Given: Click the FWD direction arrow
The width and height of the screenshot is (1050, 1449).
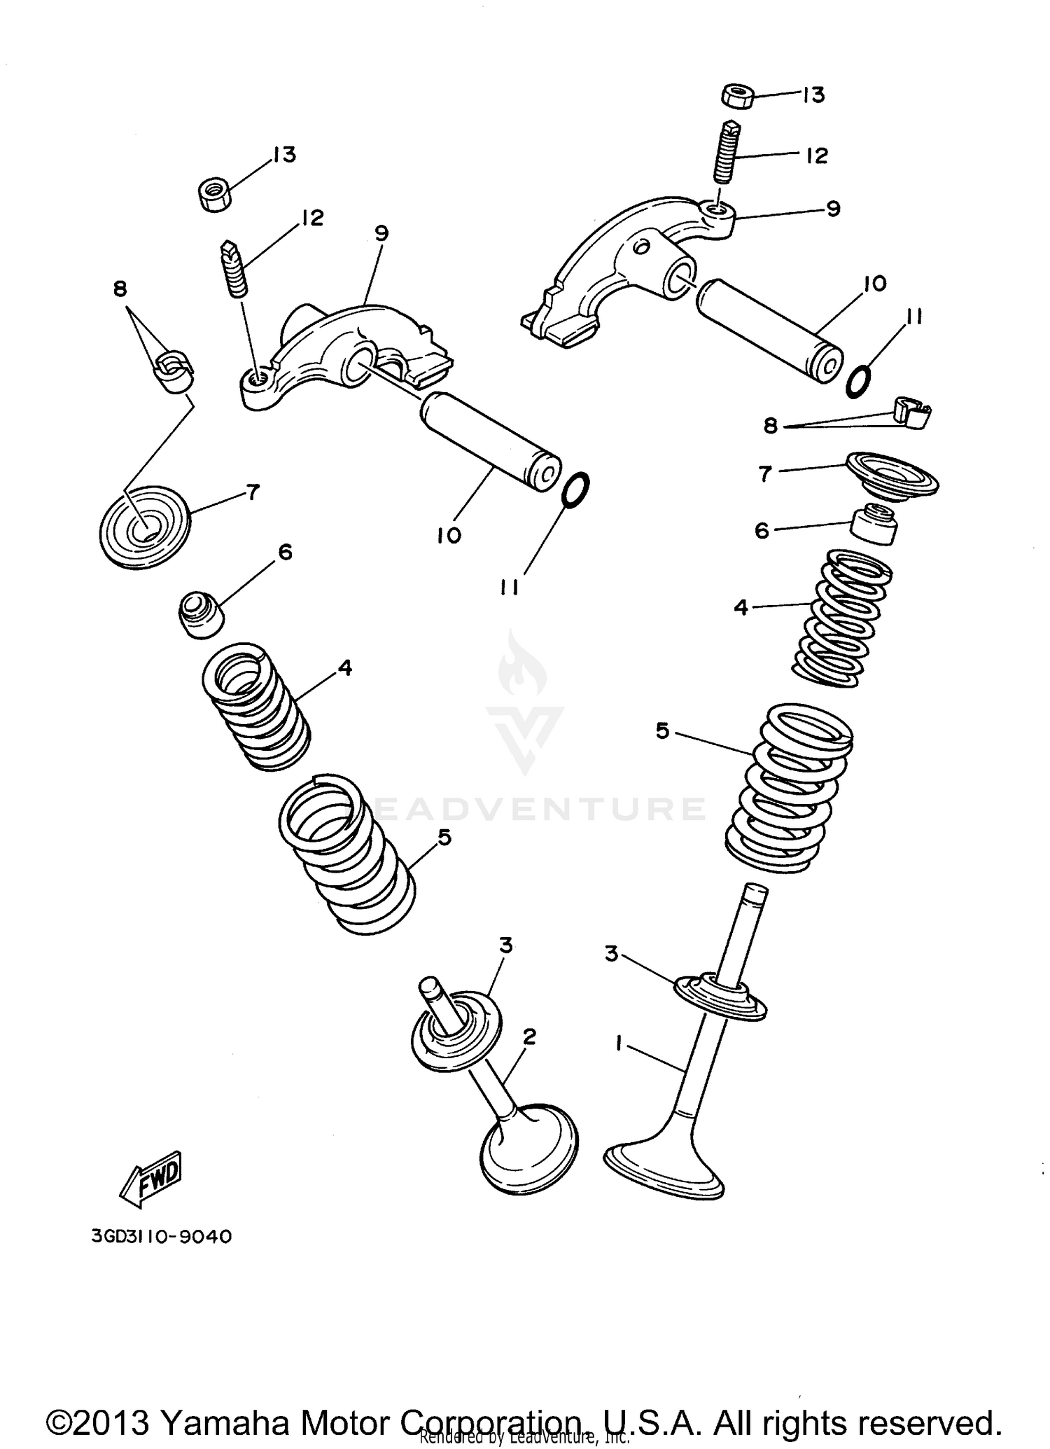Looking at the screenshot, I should (x=151, y=1178).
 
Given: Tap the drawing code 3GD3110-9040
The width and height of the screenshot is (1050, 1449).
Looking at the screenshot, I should (x=161, y=1237).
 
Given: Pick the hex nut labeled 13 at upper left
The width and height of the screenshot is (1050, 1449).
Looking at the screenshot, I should (x=215, y=194).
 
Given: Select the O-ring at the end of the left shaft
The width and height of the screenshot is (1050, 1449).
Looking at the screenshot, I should (x=575, y=489).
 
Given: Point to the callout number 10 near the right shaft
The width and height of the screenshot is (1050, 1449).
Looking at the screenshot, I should (x=874, y=284).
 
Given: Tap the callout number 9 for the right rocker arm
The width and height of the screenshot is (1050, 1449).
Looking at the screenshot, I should (x=832, y=209).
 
